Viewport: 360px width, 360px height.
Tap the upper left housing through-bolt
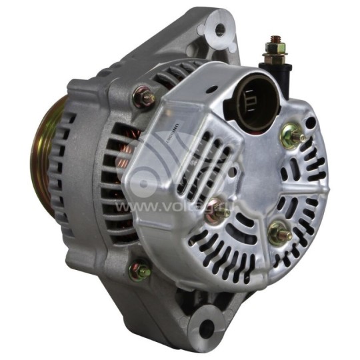click(x=144, y=99)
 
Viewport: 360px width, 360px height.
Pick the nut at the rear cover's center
click(x=217, y=208)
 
